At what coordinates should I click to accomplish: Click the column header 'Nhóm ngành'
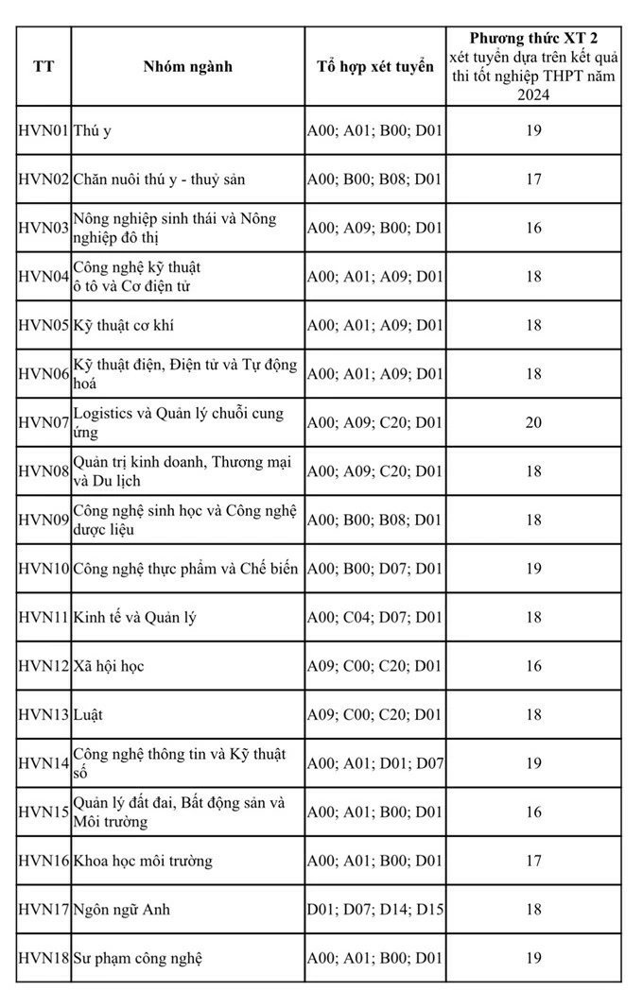pyautogui.click(x=187, y=66)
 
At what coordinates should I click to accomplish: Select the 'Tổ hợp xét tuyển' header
pyautogui.click(x=374, y=66)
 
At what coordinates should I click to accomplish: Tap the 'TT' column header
pyautogui.click(x=43, y=66)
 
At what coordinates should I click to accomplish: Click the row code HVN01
pyautogui.click(x=43, y=130)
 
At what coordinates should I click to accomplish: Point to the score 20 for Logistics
pyautogui.click(x=534, y=422)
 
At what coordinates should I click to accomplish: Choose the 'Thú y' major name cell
pyautogui.click(x=93, y=130)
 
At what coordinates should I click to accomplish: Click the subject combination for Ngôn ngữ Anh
pyautogui.click(x=374, y=910)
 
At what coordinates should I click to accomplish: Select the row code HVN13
pyautogui.click(x=43, y=714)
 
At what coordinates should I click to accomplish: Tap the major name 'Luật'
pyautogui.click(x=88, y=714)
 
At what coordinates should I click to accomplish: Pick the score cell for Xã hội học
pyautogui.click(x=534, y=666)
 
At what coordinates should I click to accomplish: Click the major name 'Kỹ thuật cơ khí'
pyautogui.click(x=123, y=325)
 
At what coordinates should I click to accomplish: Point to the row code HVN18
pyautogui.click(x=43, y=958)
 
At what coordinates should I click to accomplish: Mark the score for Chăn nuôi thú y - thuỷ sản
pyautogui.click(x=534, y=179)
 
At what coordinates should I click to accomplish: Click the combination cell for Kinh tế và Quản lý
pyautogui.click(x=374, y=617)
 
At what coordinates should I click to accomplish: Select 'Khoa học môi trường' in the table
pyautogui.click(x=143, y=861)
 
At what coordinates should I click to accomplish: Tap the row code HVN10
pyautogui.click(x=43, y=569)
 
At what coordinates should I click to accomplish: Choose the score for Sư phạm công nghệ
pyautogui.click(x=534, y=958)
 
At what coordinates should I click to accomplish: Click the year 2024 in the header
pyautogui.click(x=534, y=95)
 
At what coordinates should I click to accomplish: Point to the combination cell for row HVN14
pyautogui.click(x=374, y=763)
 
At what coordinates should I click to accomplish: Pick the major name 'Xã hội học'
pyautogui.click(x=109, y=666)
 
